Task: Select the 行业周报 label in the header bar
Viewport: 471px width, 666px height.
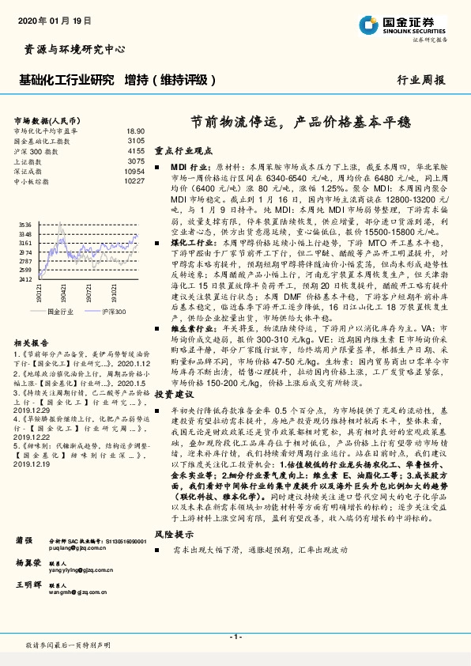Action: click(420, 81)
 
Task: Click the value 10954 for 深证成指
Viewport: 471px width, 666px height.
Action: click(134, 171)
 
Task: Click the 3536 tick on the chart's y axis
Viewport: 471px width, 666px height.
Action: click(26, 225)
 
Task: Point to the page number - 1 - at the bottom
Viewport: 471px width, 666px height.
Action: click(235, 636)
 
